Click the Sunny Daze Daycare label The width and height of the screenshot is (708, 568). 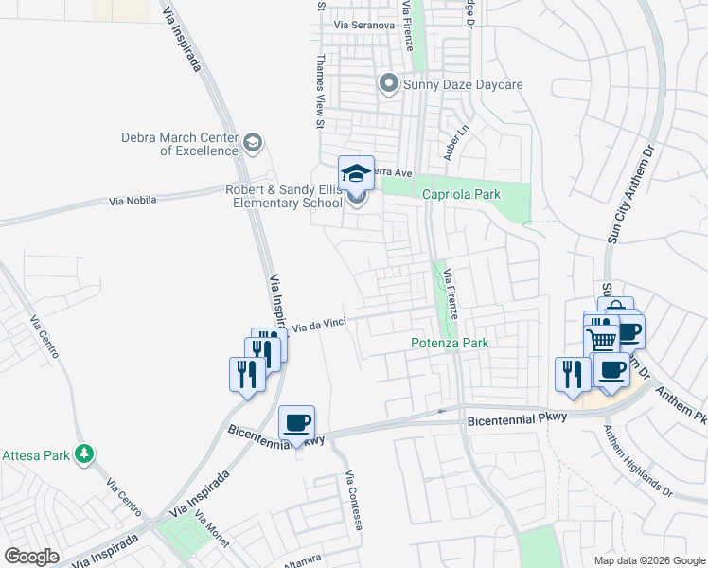tap(464, 85)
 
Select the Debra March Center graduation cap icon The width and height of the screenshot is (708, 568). tap(252, 143)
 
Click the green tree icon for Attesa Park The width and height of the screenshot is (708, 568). tap(85, 454)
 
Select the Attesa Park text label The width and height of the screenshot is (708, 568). tap(37, 455)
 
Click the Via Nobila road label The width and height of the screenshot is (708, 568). tap(132, 201)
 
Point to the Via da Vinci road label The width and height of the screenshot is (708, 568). tap(318, 325)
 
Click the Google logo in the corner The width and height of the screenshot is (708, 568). tap(31, 557)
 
